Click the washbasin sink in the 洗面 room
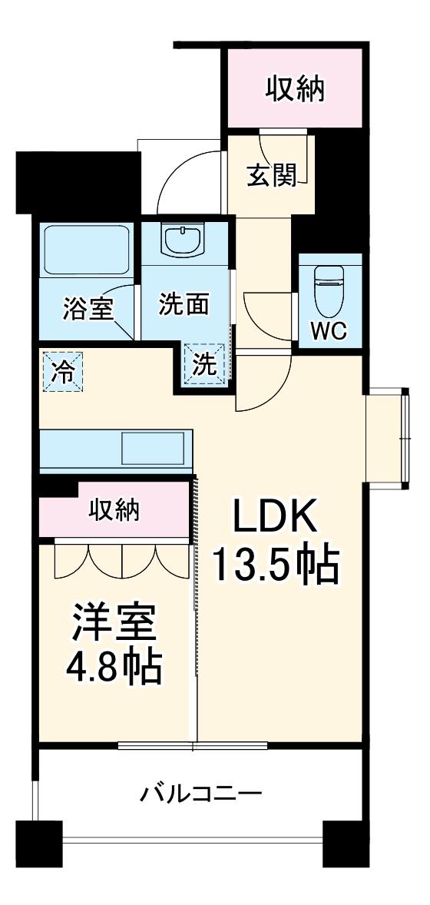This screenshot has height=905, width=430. click(183, 239)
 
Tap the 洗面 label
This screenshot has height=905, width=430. click(184, 305)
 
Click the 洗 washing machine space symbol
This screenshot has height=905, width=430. click(205, 364)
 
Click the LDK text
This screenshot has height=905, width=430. click(275, 518)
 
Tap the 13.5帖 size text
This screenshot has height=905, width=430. click(275, 567)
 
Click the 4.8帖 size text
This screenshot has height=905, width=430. click(115, 668)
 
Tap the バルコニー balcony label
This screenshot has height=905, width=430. click(201, 791)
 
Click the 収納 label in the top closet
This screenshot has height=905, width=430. click(295, 89)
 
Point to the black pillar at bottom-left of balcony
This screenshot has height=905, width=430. click(38, 844)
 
